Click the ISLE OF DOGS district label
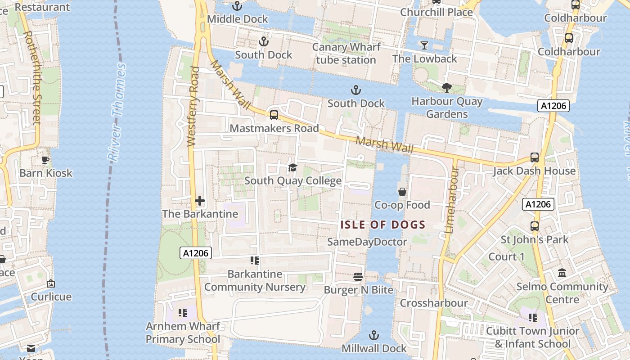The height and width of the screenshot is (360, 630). click(383, 225)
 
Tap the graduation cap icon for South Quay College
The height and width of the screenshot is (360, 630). click(293, 168)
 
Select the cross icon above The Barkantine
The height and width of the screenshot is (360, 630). click(200, 200)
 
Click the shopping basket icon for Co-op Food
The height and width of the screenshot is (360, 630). click(402, 192)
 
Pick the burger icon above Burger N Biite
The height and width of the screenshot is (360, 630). click(358, 276)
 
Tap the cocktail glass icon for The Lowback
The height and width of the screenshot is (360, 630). click(424, 45)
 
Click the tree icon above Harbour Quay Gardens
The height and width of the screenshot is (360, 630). click(447, 87)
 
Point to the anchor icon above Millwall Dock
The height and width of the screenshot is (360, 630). click(373, 335)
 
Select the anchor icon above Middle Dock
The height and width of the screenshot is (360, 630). click(237, 6)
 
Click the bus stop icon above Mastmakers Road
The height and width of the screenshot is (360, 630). click(274, 115)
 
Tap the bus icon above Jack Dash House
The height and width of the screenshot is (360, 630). click(534, 157)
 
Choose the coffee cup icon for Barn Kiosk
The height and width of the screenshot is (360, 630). click(45, 160)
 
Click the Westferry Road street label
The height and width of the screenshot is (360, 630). click(193, 107)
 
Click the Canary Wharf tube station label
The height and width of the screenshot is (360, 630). click(346, 54)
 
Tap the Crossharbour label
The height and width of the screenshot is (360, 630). click(434, 303)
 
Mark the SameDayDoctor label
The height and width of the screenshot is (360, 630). click(367, 242)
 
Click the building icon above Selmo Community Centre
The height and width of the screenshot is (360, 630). click(562, 273)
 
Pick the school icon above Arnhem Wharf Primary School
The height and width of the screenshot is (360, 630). click(182, 312)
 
